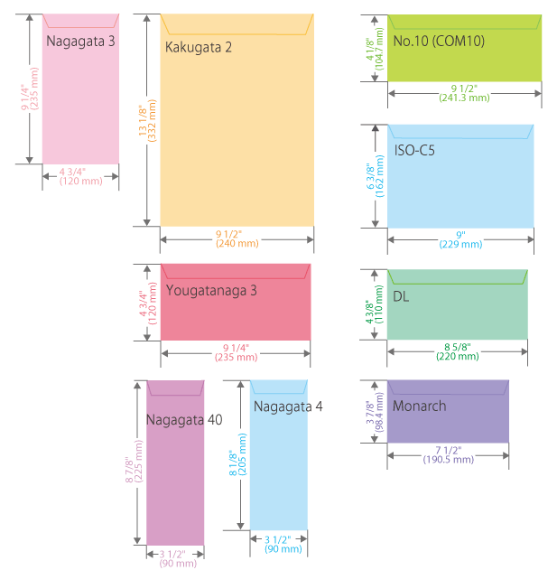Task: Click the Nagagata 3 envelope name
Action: point(80,40)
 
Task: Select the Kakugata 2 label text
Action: point(199,47)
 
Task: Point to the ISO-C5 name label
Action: point(414,150)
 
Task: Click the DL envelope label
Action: point(400,296)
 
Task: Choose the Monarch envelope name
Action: point(419,406)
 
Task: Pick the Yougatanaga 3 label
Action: point(211,290)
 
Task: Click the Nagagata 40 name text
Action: point(183,419)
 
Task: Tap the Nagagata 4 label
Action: point(288,406)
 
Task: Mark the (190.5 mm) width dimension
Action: point(449,460)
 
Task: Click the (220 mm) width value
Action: point(458,357)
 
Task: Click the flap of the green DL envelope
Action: point(458,276)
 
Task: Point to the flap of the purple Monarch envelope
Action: point(449,387)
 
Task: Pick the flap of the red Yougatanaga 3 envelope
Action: point(236,270)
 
